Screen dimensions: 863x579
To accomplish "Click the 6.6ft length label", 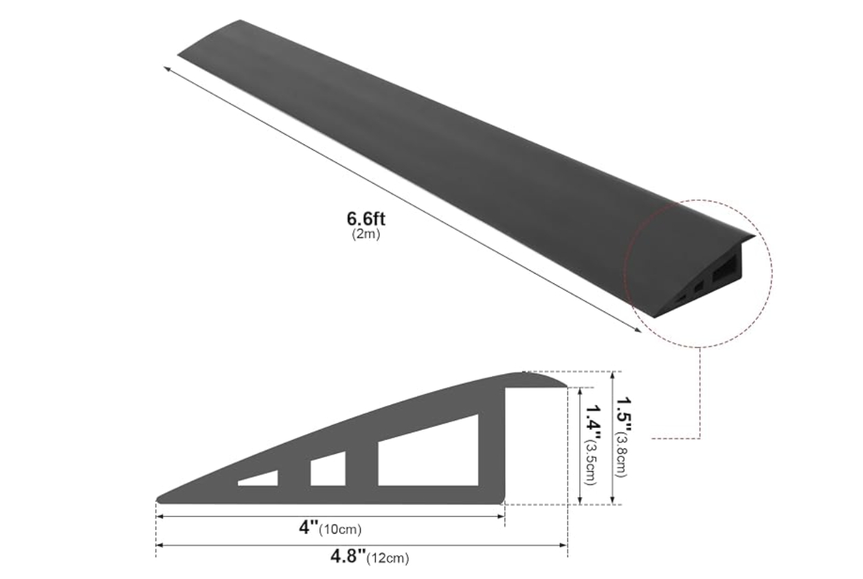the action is [366, 219].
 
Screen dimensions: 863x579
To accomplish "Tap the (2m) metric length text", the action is [366, 234].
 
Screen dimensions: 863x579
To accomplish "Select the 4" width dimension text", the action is [309, 527].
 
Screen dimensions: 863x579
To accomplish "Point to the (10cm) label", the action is [340, 529].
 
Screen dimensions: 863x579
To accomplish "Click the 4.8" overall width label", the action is [348, 556].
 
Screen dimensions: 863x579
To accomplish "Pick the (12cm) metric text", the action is [388, 558].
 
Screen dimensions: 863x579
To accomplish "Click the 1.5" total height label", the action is [623, 416].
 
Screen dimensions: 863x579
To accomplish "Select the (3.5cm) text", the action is [591, 463].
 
